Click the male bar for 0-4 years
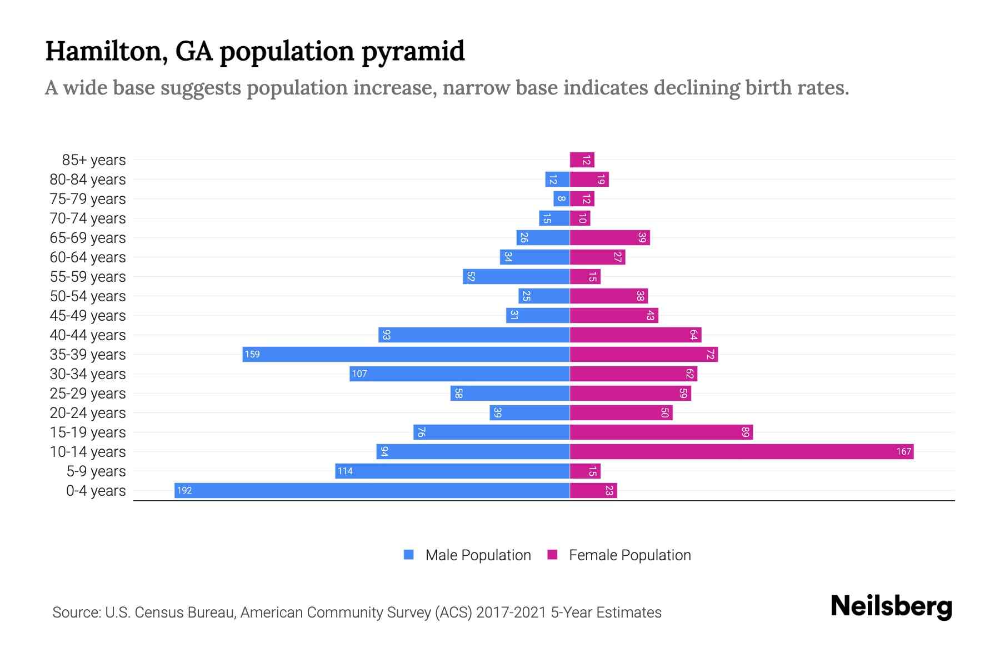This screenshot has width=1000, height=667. tap(372, 490)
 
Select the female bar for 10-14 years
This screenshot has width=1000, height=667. tap(742, 451)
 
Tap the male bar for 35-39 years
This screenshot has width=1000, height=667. tap(406, 354)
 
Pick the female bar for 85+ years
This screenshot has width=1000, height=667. tap(582, 160)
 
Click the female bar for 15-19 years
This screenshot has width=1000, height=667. tap(661, 432)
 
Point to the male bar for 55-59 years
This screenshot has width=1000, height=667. tap(516, 276)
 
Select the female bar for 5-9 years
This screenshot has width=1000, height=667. tap(585, 471)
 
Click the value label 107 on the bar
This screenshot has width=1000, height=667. tap(359, 374)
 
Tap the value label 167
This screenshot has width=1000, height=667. tap(903, 451)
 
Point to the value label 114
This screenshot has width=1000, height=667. tap(345, 471)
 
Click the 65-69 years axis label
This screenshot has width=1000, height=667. tap(88, 238)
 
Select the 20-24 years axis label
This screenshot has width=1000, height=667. tap(88, 413)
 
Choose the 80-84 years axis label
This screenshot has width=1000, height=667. tap(88, 180)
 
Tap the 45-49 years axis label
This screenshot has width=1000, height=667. tap(88, 316)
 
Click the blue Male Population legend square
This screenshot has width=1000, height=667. tap(409, 555)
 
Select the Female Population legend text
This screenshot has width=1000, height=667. tap(629, 555)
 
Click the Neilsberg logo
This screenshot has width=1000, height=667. tap(891, 606)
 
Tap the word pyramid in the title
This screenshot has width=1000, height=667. tap(413, 52)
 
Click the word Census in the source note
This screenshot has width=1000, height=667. tap(159, 613)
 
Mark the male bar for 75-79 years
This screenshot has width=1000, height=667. tap(562, 198)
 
